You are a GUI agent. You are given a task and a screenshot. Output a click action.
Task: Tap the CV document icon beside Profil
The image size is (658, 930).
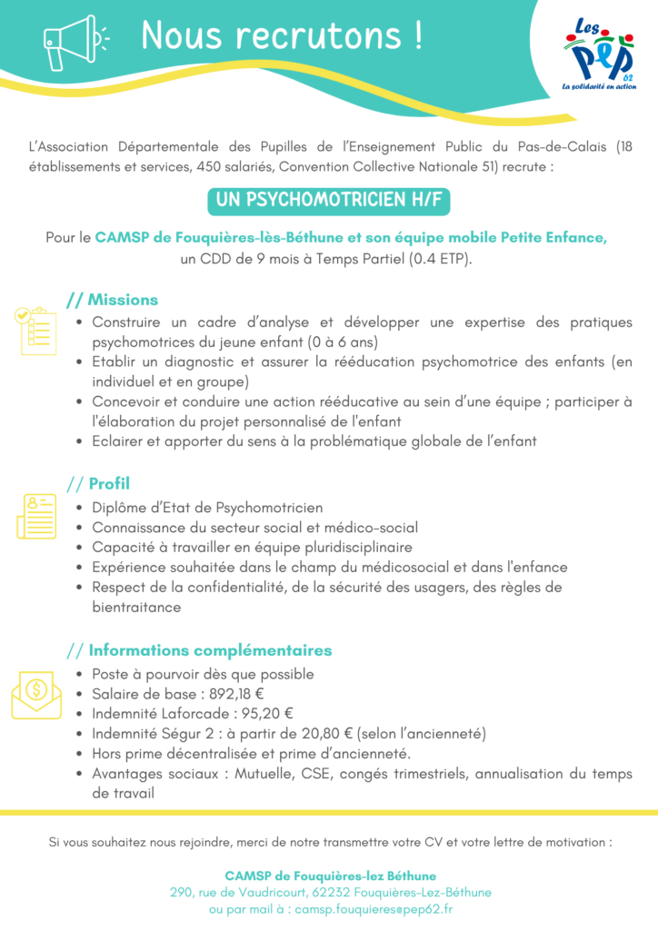coord(35,516)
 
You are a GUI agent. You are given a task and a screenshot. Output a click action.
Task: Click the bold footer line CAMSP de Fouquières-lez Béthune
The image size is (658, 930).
coord(330,876)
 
